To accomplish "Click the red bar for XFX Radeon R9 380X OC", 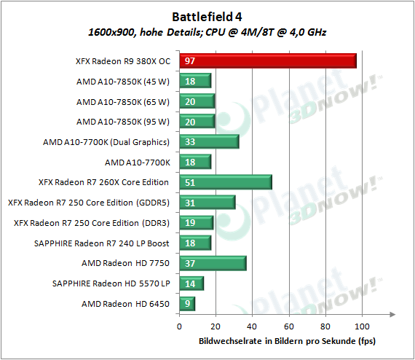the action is click(268, 61).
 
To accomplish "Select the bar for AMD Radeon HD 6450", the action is click(187, 304).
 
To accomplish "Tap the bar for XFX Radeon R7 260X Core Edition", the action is click(226, 182).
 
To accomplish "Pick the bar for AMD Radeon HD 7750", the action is click(213, 263).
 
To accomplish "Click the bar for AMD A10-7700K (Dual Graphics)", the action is click(209, 141).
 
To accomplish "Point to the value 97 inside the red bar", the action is click(190, 61).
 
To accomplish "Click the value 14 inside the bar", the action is click(190, 283).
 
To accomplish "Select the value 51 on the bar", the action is click(190, 182).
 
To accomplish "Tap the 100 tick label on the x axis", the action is click(362, 326).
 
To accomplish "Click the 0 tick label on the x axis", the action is click(179, 326).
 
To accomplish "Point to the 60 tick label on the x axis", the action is click(289, 326).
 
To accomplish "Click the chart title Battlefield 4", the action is click(207, 17).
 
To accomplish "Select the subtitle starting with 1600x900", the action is click(207, 32).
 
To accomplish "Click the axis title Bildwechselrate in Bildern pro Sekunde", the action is click(287, 341).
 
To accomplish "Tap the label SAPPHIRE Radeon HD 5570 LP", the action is click(111, 283).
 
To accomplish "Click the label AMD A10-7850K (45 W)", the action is click(123, 82).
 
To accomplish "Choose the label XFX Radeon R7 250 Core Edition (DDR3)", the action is click(92, 223).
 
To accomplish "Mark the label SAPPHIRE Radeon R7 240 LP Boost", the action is click(102, 243).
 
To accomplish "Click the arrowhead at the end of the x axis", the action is click(392, 314).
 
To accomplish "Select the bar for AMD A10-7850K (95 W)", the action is click(197, 122).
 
